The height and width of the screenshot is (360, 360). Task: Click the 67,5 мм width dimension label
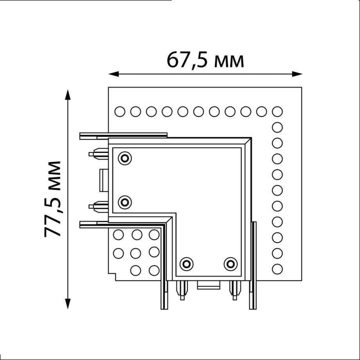coord(205,60)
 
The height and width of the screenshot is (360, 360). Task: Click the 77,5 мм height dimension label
coord(53,198)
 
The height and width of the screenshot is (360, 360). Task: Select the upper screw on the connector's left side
coord(125,158)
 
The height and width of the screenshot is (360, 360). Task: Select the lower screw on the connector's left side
coord(125,202)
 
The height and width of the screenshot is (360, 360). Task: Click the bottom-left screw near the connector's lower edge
coord(187,264)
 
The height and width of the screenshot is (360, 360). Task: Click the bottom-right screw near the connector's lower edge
coord(230,264)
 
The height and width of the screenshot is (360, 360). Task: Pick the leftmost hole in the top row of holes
coord(120,112)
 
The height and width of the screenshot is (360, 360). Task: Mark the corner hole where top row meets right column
coord(277,112)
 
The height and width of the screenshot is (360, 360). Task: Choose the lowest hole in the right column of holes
coord(277,269)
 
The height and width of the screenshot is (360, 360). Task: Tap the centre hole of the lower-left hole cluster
coord(136,253)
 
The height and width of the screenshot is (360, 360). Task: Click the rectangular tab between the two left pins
coord(104,180)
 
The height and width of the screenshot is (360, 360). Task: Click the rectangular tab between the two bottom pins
coord(209,285)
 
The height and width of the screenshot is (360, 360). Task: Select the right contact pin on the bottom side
coord(234,290)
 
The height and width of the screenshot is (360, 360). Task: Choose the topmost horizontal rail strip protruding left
coord(123,136)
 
